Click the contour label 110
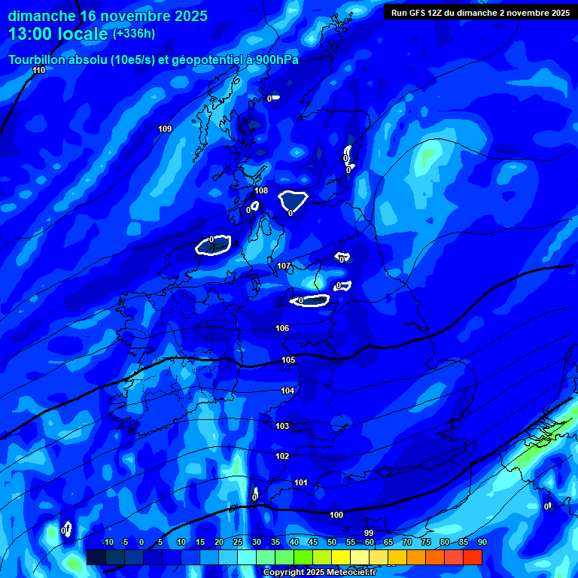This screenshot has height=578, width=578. (39, 70)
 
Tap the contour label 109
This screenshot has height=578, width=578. (165, 129)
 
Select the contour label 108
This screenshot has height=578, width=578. (261, 190)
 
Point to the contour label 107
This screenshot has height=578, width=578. (284, 266)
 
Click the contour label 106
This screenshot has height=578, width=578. (282, 328)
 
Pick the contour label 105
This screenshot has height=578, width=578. (288, 360)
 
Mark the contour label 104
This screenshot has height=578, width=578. (287, 391)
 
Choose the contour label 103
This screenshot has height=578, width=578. (282, 426)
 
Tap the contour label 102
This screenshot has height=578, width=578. (282, 456)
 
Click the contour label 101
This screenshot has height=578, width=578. (301, 482)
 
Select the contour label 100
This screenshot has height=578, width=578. (336, 515)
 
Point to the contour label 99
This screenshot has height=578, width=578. (369, 533)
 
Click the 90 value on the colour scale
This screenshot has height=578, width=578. (482, 542)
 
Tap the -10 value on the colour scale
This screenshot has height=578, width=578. (107, 542)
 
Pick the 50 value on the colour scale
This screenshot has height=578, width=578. (331, 542)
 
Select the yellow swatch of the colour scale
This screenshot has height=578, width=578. (341, 557)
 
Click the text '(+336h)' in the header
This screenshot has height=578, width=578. (133, 33)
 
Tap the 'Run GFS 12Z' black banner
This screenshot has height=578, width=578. (480, 12)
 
